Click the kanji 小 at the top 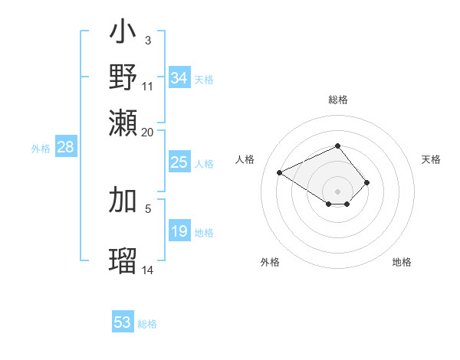click(123, 34)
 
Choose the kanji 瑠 click(123, 259)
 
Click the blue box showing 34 click(179, 78)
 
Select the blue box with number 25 click(179, 162)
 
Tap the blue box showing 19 click(179, 231)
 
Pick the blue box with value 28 click(65, 147)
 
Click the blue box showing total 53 click(123, 322)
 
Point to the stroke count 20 click(148, 132)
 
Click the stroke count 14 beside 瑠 click(148, 270)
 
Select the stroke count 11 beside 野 click(148, 86)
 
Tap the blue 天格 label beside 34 click(204, 79)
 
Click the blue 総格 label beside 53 click(147, 324)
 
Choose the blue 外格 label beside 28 click(41, 149)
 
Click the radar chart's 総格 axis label click(337, 100)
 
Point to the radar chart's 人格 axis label click(245, 159)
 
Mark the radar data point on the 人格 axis click(280, 172)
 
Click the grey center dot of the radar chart click(337, 191)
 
